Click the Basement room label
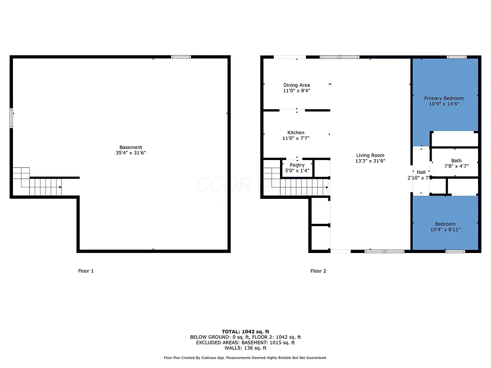tap(131, 147)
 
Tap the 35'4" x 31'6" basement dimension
tap(131, 153)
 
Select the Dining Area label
tap(296, 85)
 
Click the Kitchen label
tap(296, 133)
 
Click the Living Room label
tap(370, 155)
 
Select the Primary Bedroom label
tap(444, 98)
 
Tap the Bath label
tap(456, 161)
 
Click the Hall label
tap(421, 172)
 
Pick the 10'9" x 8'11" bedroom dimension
tap(445, 230)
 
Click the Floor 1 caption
tap(86, 271)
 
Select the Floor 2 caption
tap(318, 271)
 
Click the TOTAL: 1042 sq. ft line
tap(245, 332)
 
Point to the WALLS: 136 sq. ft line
tap(245, 348)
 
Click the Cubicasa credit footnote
tap(245, 358)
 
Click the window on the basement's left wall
tap(12, 118)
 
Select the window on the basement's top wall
tap(181, 57)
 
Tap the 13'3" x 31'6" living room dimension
tap(370, 161)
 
